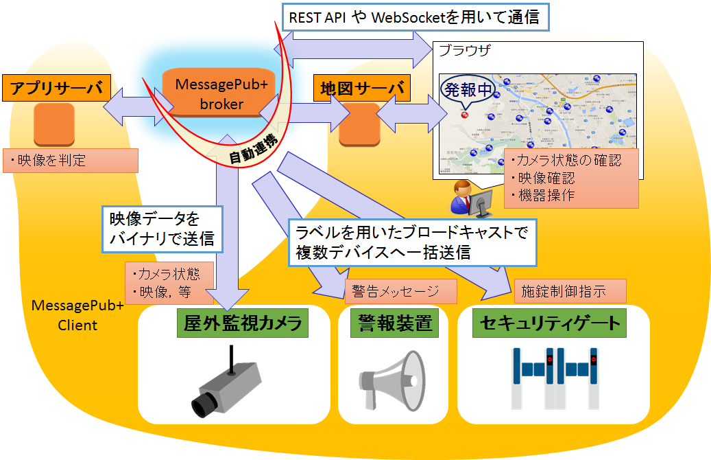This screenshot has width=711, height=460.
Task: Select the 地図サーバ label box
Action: click(x=361, y=89)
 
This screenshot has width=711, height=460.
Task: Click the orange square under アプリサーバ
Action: click(x=53, y=124)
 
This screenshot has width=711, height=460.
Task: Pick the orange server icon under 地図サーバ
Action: click(x=359, y=124)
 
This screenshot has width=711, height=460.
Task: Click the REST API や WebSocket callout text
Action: click(x=415, y=17)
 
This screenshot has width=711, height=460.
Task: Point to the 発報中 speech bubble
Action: click(x=467, y=90)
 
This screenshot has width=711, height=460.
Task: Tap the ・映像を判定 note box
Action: click(x=71, y=161)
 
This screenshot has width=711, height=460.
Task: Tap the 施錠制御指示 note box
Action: click(x=570, y=291)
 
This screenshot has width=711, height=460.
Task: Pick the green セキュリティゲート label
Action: click(x=550, y=323)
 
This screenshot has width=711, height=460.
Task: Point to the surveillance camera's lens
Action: click(x=202, y=406)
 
